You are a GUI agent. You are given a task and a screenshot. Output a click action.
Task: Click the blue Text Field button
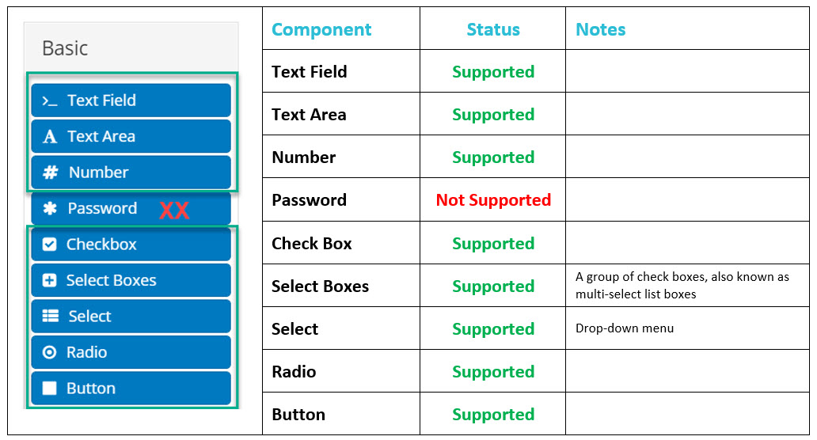(x=131, y=100)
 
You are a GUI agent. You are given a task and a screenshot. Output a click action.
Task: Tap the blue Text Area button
(x=131, y=136)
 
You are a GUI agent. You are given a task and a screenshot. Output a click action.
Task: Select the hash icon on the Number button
(x=50, y=173)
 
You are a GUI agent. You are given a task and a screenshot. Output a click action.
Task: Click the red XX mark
(x=174, y=211)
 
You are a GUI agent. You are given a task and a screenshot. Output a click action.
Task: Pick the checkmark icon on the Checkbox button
(x=50, y=245)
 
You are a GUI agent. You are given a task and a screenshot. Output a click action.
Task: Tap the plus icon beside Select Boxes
(x=50, y=280)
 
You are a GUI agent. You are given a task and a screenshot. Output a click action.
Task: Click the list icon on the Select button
(x=50, y=316)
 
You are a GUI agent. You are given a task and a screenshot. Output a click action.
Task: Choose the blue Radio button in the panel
(x=131, y=352)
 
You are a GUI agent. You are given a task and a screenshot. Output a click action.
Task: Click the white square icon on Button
(x=50, y=388)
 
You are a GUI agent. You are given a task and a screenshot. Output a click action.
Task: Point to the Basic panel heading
(x=65, y=48)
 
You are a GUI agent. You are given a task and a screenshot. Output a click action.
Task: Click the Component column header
(x=321, y=30)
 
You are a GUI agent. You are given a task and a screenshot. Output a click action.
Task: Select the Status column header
(x=493, y=30)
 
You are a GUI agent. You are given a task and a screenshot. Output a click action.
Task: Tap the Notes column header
(x=600, y=30)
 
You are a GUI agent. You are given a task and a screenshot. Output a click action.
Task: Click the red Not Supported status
(x=493, y=200)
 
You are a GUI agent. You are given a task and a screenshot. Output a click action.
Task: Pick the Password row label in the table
(x=309, y=200)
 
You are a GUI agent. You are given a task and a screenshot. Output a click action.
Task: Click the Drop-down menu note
(x=624, y=328)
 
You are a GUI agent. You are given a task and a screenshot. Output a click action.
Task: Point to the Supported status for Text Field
(x=493, y=72)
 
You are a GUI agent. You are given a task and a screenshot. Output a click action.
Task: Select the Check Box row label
(x=312, y=243)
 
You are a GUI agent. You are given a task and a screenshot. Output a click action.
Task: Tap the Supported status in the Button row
(x=493, y=415)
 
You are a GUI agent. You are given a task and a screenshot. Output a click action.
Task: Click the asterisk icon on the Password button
(x=50, y=208)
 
